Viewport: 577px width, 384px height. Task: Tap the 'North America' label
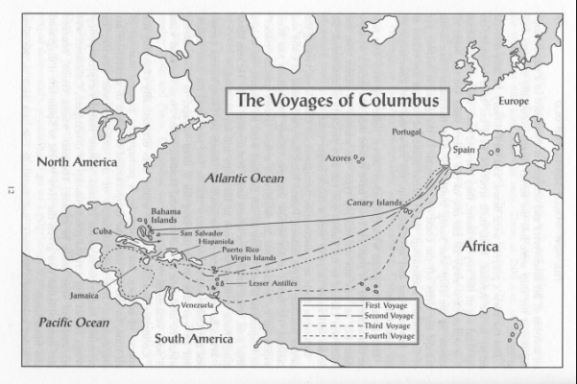(78, 161)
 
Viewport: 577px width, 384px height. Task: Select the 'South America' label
(194, 339)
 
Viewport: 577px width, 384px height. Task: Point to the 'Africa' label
(479, 247)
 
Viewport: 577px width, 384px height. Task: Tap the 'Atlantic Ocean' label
(244, 178)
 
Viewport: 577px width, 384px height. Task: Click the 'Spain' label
(464, 152)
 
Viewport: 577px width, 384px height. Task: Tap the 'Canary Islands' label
(374, 203)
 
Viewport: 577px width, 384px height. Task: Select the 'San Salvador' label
(202, 232)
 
